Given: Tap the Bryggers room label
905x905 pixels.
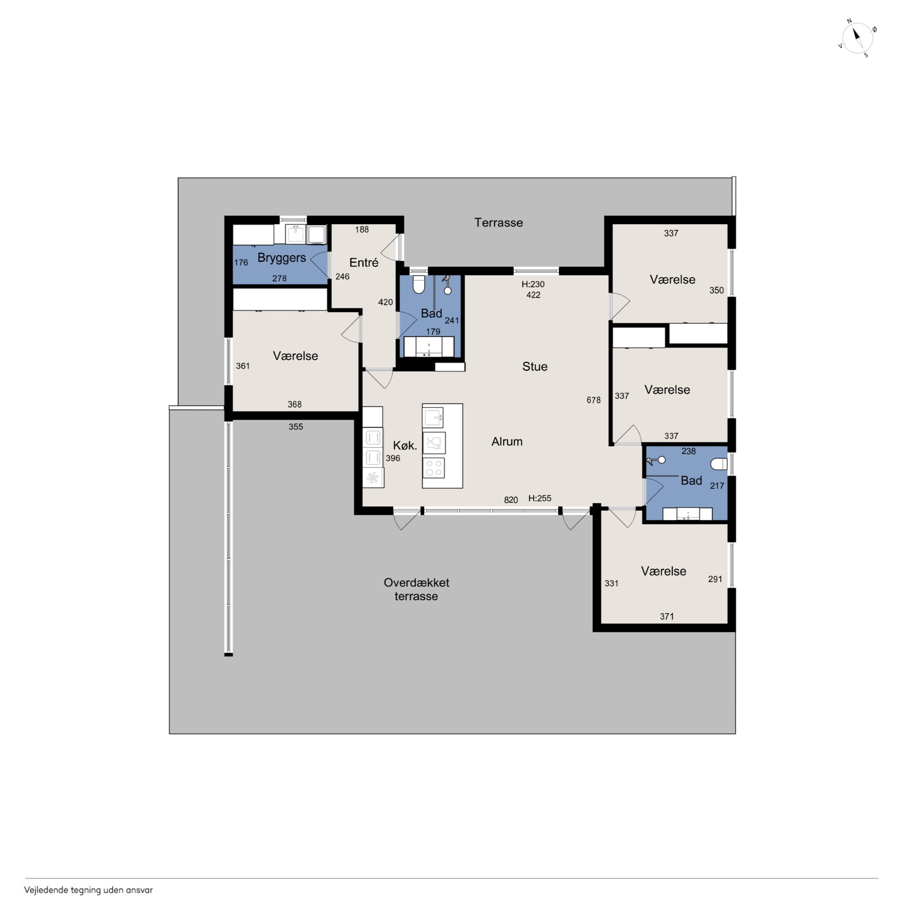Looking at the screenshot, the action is tap(282, 258).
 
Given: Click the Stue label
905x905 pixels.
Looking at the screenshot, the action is tap(535, 366).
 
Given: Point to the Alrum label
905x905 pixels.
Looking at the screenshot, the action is tap(507, 441).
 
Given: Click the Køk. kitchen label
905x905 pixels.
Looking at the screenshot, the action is tap(405, 446).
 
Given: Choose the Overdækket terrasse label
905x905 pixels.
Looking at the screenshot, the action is tap(416, 589).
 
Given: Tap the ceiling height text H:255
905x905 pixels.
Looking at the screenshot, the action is tap(540, 498).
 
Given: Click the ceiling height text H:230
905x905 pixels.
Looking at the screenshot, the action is tap(533, 284).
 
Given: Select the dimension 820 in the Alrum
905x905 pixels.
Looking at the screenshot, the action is tap(511, 500).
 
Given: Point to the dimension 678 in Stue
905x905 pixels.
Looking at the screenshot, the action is tap(593, 400).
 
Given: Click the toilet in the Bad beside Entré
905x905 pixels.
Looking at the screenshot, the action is tap(419, 284).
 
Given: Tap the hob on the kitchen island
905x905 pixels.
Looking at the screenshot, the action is tap(433, 467).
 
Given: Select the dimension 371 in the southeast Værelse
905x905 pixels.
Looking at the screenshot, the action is tap(667, 616).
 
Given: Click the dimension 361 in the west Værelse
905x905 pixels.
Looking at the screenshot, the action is tap(243, 366).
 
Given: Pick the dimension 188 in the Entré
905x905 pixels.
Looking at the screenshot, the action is tap(362, 229).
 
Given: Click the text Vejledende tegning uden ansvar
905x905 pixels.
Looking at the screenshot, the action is tap(88, 890).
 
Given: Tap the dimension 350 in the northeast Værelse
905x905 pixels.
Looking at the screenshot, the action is tap(716, 290).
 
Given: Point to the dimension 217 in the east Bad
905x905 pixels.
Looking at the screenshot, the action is tap(717, 486).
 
